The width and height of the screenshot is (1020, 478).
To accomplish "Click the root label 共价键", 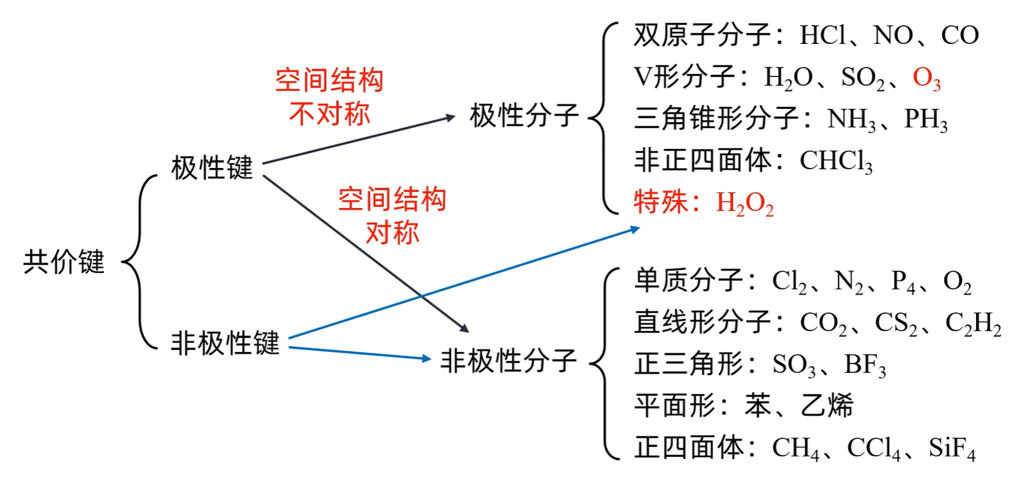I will tap(64, 262).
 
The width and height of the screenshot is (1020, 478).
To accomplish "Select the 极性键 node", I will tap(212, 168).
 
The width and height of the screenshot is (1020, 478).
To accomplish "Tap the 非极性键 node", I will tap(225, 343).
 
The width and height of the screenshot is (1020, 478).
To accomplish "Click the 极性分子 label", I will tap(524, 116).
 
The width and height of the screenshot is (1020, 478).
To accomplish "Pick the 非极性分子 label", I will tap(509, 361).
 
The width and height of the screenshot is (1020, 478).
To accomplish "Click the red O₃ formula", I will tap(926, 78).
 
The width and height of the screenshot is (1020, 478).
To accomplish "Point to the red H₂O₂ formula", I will tap(745, 203).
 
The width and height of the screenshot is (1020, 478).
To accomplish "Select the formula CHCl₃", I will tap(836, 161).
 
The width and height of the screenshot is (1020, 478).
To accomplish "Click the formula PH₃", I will tap(926, 119).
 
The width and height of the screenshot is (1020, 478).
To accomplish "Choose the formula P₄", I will tap(903, 281).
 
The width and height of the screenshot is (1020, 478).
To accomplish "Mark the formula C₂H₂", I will tap(973, 323).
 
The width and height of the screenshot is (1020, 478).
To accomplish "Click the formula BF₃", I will tap(865, 365).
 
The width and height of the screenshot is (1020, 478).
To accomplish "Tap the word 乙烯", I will tap(827, 405).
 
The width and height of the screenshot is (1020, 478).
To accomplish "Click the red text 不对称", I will tap(329, 114).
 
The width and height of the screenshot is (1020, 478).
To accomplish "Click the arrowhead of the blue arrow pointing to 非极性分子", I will tap(427, 358).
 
